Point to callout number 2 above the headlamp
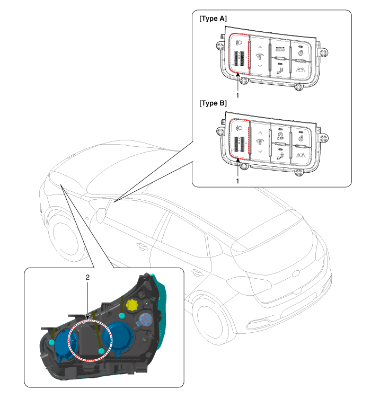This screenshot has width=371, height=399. pos(87,277)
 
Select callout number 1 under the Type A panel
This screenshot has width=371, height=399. pos(238,96)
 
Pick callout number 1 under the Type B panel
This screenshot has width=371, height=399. pos(238,181)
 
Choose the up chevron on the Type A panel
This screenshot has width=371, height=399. pos(259,46)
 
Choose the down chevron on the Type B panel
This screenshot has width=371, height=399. pos(259,152)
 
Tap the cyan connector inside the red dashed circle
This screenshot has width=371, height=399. pos(100,351)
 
